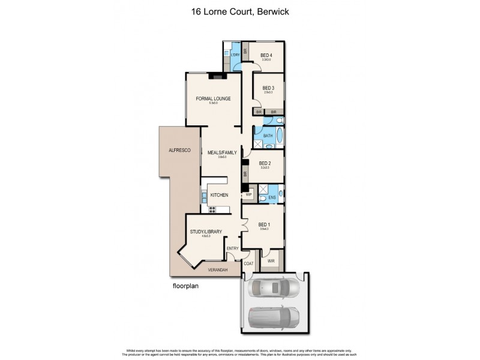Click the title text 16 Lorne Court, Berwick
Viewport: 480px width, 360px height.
240,11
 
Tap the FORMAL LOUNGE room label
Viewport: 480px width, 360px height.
213,99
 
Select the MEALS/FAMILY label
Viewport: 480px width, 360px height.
218,152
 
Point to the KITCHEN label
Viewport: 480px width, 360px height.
218,194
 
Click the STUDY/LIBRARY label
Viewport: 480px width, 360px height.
206,231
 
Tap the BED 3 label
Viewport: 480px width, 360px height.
268,88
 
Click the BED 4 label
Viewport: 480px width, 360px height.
266,55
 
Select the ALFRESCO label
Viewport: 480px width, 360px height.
179,149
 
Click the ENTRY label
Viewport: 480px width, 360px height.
233,248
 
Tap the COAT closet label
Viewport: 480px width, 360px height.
248,263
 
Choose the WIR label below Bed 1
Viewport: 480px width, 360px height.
270,261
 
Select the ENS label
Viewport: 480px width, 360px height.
272,197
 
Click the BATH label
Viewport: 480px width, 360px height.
268,136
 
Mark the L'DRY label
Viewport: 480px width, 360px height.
236,55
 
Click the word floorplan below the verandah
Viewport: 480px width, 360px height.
185,286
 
